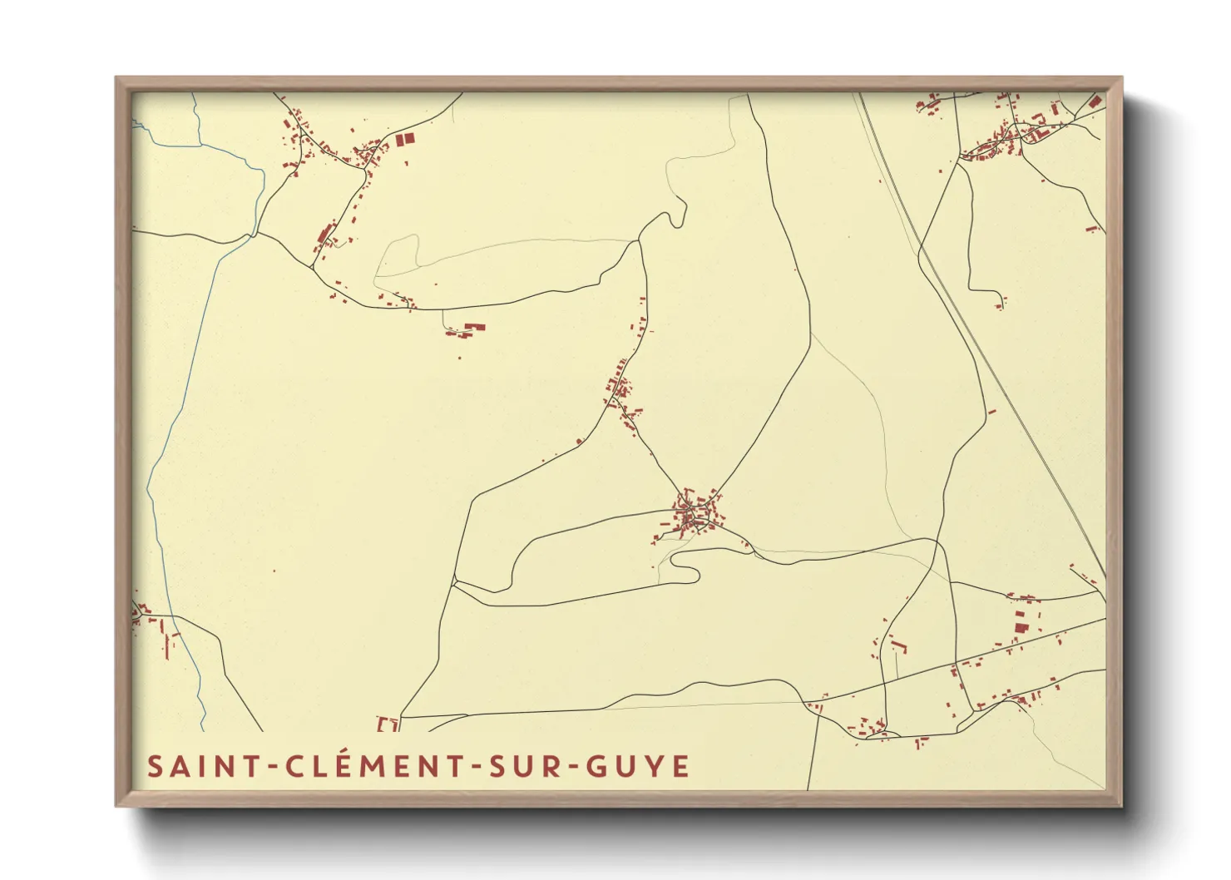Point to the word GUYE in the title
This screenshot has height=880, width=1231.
(639, 767)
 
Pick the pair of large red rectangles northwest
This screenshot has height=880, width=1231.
(403, 140)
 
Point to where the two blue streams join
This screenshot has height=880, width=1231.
(250, 236)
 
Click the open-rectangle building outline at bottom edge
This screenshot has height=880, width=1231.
(388, 724)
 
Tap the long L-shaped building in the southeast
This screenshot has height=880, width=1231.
(897, 644)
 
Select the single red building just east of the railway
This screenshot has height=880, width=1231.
(991, 411)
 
